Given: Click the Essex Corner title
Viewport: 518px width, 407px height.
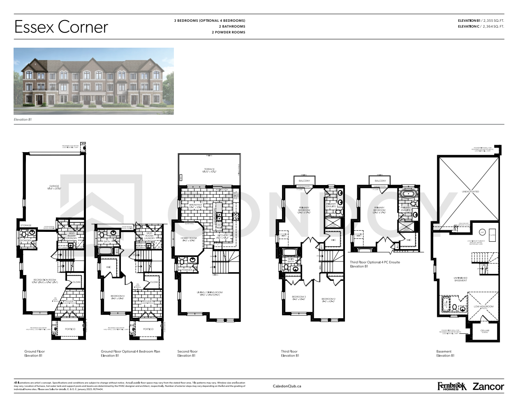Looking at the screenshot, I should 61,27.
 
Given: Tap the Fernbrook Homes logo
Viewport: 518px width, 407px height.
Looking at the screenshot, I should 452,386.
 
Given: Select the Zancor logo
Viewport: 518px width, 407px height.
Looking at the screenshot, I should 488,386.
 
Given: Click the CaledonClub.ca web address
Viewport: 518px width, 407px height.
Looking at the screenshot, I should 287,386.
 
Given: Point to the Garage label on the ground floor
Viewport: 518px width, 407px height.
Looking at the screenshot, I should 54,187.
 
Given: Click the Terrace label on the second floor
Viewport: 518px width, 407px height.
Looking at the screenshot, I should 209,170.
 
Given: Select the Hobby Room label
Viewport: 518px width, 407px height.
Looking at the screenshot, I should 189,239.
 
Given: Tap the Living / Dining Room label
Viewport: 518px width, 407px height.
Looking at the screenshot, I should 210,294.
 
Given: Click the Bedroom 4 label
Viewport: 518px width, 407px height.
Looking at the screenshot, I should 118,297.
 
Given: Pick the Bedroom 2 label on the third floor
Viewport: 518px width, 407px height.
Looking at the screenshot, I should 328,300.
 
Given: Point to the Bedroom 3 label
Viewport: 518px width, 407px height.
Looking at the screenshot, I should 299,298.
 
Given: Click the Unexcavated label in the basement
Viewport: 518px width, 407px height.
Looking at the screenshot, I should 470,192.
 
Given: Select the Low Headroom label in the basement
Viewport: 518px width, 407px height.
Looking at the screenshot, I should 483,307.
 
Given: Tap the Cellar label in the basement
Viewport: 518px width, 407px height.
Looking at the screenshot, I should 485,331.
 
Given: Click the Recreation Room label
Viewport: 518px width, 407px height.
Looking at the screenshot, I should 45,281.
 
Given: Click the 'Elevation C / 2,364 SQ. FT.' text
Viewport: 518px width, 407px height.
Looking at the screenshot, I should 481,26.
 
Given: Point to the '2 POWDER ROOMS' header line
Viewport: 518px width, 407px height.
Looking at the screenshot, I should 228,32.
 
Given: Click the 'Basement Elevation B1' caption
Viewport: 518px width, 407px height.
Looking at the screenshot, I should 445,354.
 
